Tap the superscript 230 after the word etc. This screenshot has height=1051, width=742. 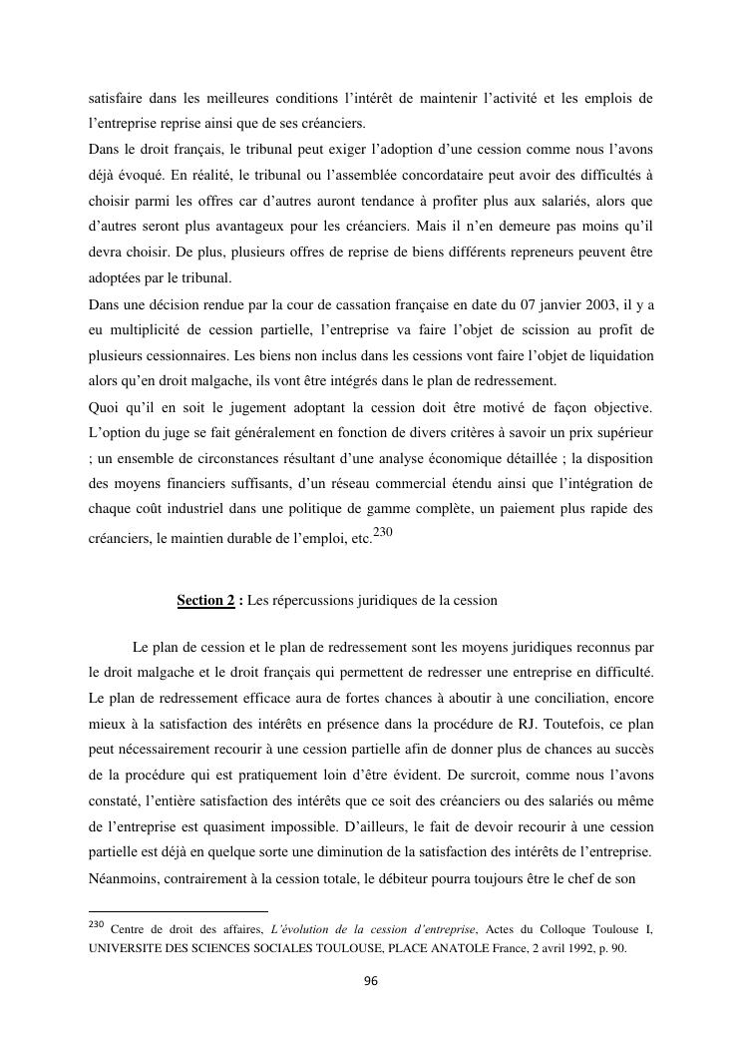[384, 533]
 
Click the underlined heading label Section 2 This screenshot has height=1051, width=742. [205, 600]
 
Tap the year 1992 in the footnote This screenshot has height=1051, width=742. [564, 948]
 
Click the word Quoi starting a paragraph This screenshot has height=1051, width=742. [105, 406]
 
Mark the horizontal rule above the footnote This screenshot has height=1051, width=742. [179, 910]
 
